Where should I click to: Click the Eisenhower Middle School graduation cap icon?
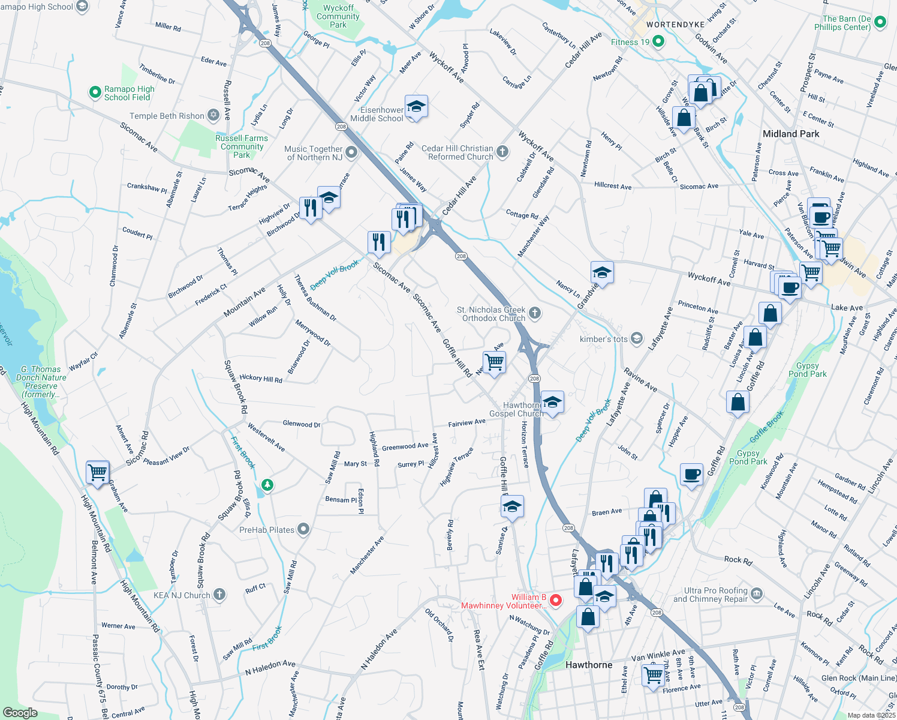tap(416, 107)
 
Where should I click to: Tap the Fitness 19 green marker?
tap(658, 41)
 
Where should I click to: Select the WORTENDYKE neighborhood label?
tap(675, 25)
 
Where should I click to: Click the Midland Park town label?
tap(791, 134)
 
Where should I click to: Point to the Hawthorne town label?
tap(589, 665)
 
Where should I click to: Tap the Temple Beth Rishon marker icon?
tap(213, 115)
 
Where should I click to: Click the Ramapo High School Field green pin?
tap(95, 92)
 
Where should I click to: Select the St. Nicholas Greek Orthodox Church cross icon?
tap(535, 313)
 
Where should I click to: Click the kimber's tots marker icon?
tap(637, 339)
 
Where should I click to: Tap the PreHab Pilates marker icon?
tap(304, 529)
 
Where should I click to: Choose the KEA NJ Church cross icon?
tap(219, 595)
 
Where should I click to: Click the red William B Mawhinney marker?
tap(556, 600)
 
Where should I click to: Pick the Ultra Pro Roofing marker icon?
tap(757, 594)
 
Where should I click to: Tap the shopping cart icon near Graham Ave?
tap(98, 472)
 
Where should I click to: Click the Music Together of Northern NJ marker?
tap(352, 152)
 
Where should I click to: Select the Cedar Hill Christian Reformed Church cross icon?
tap(503, 152)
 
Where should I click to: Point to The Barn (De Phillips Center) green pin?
tap(880, 23)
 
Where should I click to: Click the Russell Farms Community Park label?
tap(242, 146)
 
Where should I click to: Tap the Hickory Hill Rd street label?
tap(261, 379)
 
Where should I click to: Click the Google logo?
tap(20, 713)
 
